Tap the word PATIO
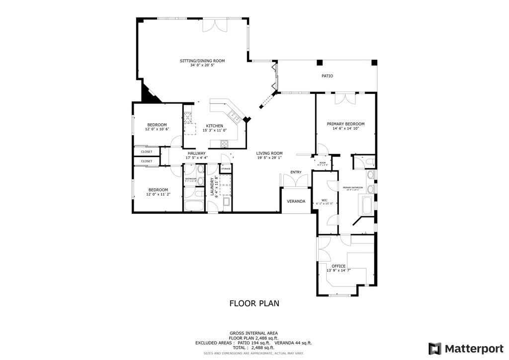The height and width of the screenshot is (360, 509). click(x=327, y=76)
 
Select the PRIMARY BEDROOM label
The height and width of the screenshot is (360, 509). click(x=345, y=124)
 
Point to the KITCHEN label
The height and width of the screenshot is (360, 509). click(x=215, y=126)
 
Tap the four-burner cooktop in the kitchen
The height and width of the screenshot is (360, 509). click(x=224, y=144)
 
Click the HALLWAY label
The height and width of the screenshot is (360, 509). click(x=196, y=153)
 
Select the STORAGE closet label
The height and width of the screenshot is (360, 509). click(x=226, y=169)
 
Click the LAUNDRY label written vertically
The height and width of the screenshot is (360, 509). click(x=212, y=186)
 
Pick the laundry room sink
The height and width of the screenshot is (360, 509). click(x=226, y=202)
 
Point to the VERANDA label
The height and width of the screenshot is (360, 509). click(x=296, y=201)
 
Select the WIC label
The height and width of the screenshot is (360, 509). click(x=324, y=200)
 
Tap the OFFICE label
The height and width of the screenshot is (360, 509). click(x=339, y=266)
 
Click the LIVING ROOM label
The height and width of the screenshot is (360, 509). click(x=269, y=153)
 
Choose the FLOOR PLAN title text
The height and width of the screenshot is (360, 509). click(x=254, y=303)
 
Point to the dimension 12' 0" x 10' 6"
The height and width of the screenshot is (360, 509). click(x=157, y=129)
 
